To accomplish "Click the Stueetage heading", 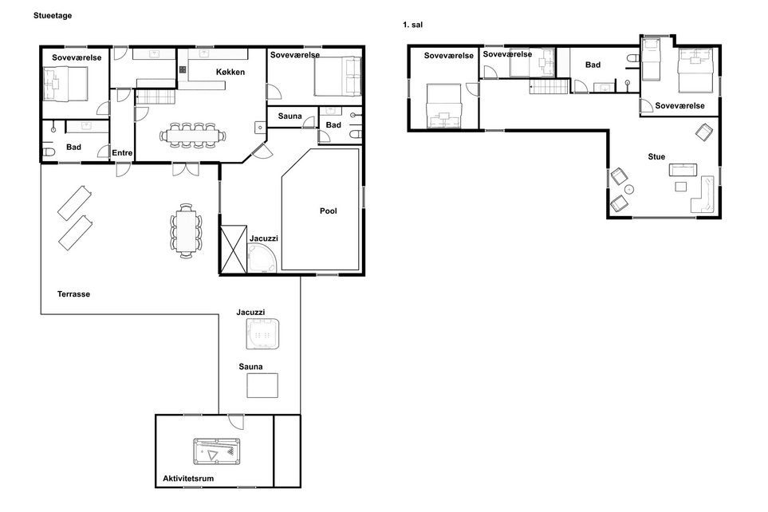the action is (x=53, y=16).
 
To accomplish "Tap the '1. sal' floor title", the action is (x=412, y=25).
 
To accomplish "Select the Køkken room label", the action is (x=230, y=72).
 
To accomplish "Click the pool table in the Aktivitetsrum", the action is (x=216, y=451).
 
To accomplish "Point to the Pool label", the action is (x=328, y=211).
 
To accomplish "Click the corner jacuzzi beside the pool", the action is (x=262, y=258).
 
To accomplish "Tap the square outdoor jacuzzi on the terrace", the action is (x=262, y=333).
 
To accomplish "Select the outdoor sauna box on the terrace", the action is (x=262, y=385).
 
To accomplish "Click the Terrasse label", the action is (x=73, y=294).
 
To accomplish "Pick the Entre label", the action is (x=122, y=153).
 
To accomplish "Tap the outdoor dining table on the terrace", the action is (x=186, y=230).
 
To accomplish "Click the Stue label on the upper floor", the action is (x=656, y=157).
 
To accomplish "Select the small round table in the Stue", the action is (x=629, y=189).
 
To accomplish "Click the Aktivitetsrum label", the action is (x=188, y=479).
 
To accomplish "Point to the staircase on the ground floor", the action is (x=155, y=97).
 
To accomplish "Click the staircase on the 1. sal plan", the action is (x=549, y=86).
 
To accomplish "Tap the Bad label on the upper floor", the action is (x=593, y=65).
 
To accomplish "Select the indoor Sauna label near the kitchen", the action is (x=289, y=116).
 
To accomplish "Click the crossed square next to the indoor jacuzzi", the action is (x=233, y=249).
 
